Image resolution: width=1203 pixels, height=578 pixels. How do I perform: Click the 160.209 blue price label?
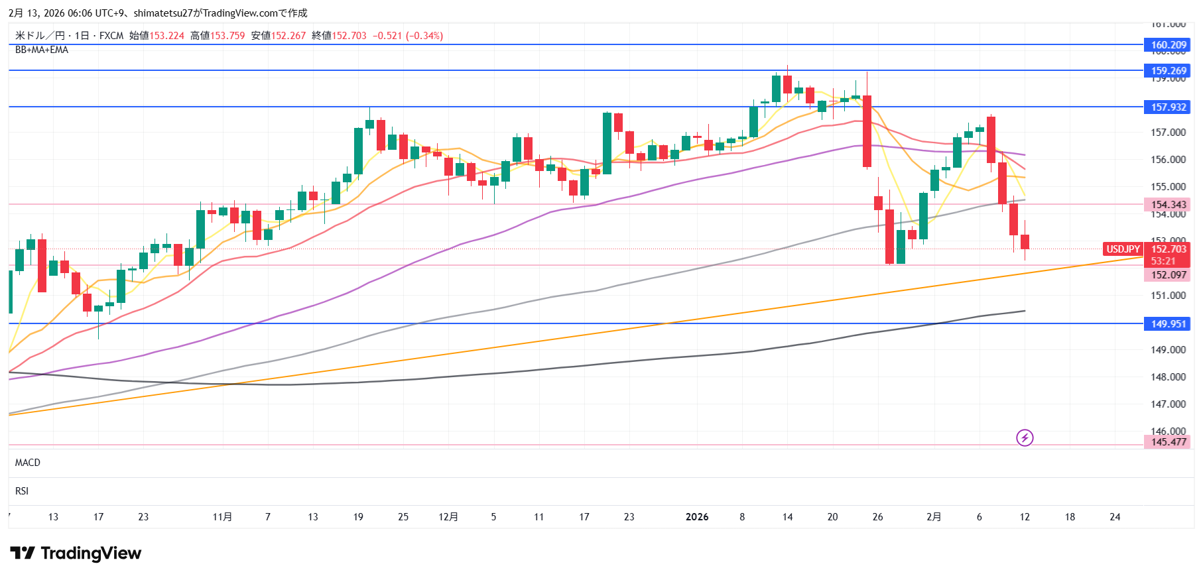(1167, 45)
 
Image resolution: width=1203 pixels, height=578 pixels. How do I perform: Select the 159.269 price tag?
(1167, 71)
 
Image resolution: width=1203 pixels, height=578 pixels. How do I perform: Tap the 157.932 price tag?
(1167, 107)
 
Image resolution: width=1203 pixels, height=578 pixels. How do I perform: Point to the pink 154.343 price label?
(1167, 205)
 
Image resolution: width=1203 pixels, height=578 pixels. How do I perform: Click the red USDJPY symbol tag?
(1123, 249)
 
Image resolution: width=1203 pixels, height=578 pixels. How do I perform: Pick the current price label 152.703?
(1168, 249)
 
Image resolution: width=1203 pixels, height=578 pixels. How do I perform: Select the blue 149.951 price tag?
(1167, 324)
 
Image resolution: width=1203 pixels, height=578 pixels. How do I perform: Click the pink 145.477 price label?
(1167, 442)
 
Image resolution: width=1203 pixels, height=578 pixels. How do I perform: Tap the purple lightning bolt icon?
(1025, 437)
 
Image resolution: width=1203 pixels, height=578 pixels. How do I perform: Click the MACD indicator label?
(28, 463)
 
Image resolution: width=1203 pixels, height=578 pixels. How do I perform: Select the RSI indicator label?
(22, 491)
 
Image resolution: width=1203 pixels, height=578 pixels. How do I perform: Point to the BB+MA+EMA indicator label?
(42, 50)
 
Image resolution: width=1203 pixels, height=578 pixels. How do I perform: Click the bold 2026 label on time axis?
(697, 517)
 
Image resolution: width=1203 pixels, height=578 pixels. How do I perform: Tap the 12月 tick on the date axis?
(448, 517)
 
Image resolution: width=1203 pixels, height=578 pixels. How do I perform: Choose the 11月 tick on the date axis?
(222, 517)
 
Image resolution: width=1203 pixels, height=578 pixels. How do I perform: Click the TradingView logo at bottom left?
(76, 553)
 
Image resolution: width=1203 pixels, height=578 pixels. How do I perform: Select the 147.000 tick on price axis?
(1168, 404)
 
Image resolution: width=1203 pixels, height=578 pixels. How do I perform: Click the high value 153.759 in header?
(227, 36)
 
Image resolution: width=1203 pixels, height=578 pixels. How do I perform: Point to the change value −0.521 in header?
(387, 36)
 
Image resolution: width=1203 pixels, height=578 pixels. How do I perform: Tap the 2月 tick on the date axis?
(934, 517)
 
